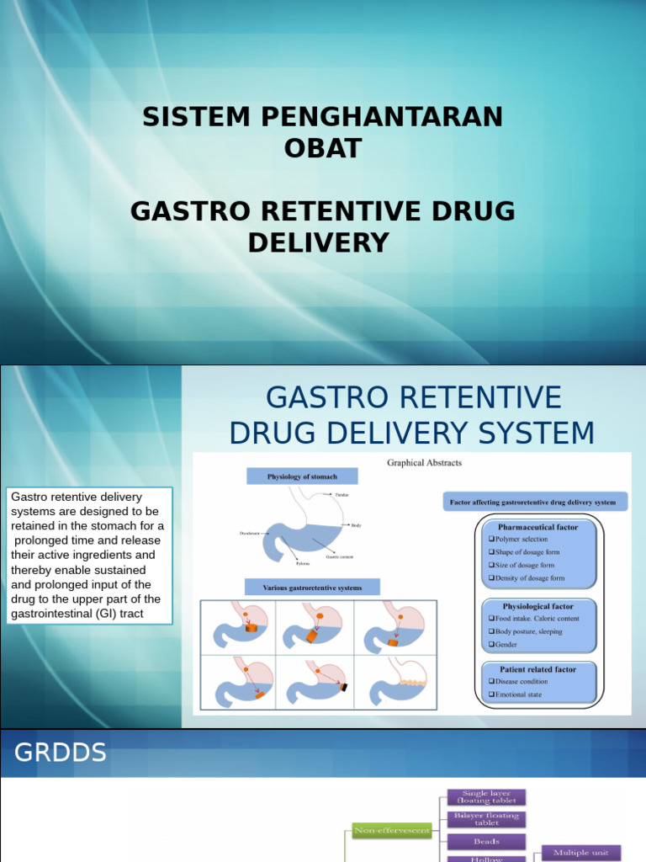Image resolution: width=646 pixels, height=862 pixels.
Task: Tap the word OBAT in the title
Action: point(323,148)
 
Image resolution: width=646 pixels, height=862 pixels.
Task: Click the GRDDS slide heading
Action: point(61,752)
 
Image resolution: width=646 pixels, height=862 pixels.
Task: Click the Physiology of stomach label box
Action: point(302,476)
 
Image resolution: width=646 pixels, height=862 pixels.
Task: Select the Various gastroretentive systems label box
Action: point(312,588)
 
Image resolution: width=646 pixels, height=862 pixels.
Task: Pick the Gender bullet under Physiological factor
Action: point(506,645)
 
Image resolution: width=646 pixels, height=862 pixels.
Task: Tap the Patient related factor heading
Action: point(537,669)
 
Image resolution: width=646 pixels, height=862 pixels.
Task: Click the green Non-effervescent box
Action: point(392,830)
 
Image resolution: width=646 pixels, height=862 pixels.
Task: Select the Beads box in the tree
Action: point(486,841)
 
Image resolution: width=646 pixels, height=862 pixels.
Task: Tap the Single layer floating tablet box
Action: point(486,796)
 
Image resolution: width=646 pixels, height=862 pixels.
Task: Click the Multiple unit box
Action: point(581,853)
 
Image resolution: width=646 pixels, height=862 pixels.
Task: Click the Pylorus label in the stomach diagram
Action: point(303,563)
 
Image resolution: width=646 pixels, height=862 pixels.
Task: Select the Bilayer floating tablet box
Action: point(486,819)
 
